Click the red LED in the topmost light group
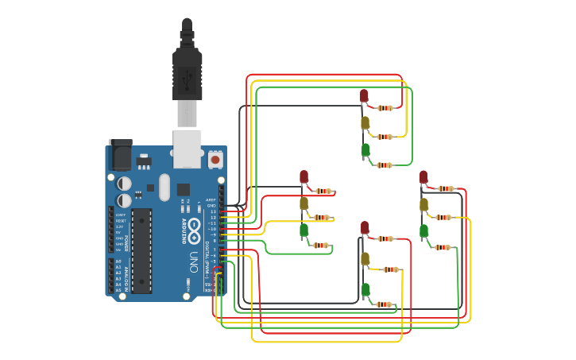364,95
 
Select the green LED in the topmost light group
365,149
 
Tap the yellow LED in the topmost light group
365,122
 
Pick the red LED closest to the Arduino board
303,176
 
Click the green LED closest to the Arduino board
303,230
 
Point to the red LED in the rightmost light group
423,176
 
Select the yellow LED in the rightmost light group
423,204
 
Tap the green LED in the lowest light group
365,289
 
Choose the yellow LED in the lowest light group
365,258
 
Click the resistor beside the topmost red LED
385,108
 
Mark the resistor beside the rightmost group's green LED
443,247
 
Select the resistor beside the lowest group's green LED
384,304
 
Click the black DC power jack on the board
120,155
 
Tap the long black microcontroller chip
141,250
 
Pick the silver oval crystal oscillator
164,188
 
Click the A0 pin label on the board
118,261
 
